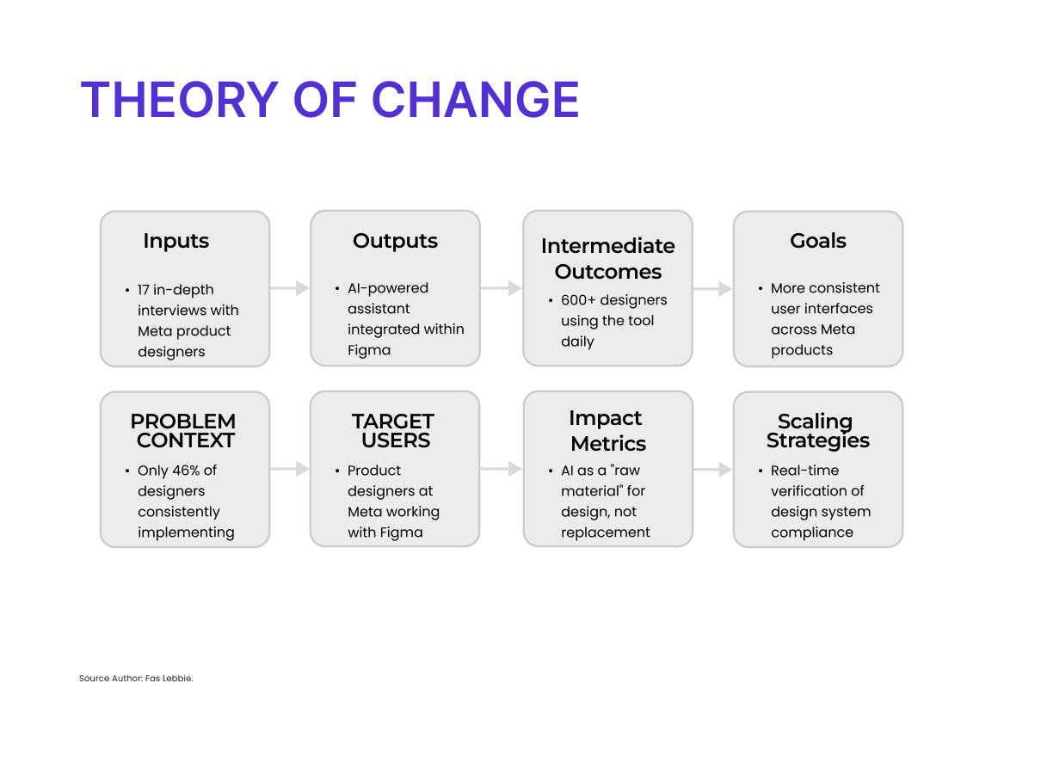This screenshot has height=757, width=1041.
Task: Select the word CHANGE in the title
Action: (475, 100)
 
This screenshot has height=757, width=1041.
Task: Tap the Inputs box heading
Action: (176, 241)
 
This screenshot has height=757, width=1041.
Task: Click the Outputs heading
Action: (395, 241)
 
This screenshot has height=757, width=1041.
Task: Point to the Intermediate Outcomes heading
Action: (608, 258)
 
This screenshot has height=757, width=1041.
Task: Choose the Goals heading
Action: (818, 241)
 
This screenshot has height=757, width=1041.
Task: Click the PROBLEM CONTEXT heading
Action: (183, 431)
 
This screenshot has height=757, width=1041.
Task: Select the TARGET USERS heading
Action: (394, 431)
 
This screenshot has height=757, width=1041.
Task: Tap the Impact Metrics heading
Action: (608, 431)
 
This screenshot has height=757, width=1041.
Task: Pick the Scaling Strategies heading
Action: (818, 431)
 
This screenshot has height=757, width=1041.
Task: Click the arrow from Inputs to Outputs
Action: (290, 288)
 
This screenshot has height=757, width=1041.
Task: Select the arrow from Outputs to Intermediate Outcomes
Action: (501, 288)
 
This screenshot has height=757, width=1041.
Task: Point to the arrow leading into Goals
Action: (712, 288)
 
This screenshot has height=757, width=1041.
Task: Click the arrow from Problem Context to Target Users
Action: (290, 469)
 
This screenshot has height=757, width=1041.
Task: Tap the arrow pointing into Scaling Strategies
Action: (712, 470)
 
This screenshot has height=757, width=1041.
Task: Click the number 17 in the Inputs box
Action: (143, 290)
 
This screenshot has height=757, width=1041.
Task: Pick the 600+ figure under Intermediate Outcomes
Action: (578, 300)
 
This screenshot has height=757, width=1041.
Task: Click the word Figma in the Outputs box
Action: (369, 350)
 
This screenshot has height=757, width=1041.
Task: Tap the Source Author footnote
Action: (136, 679)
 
